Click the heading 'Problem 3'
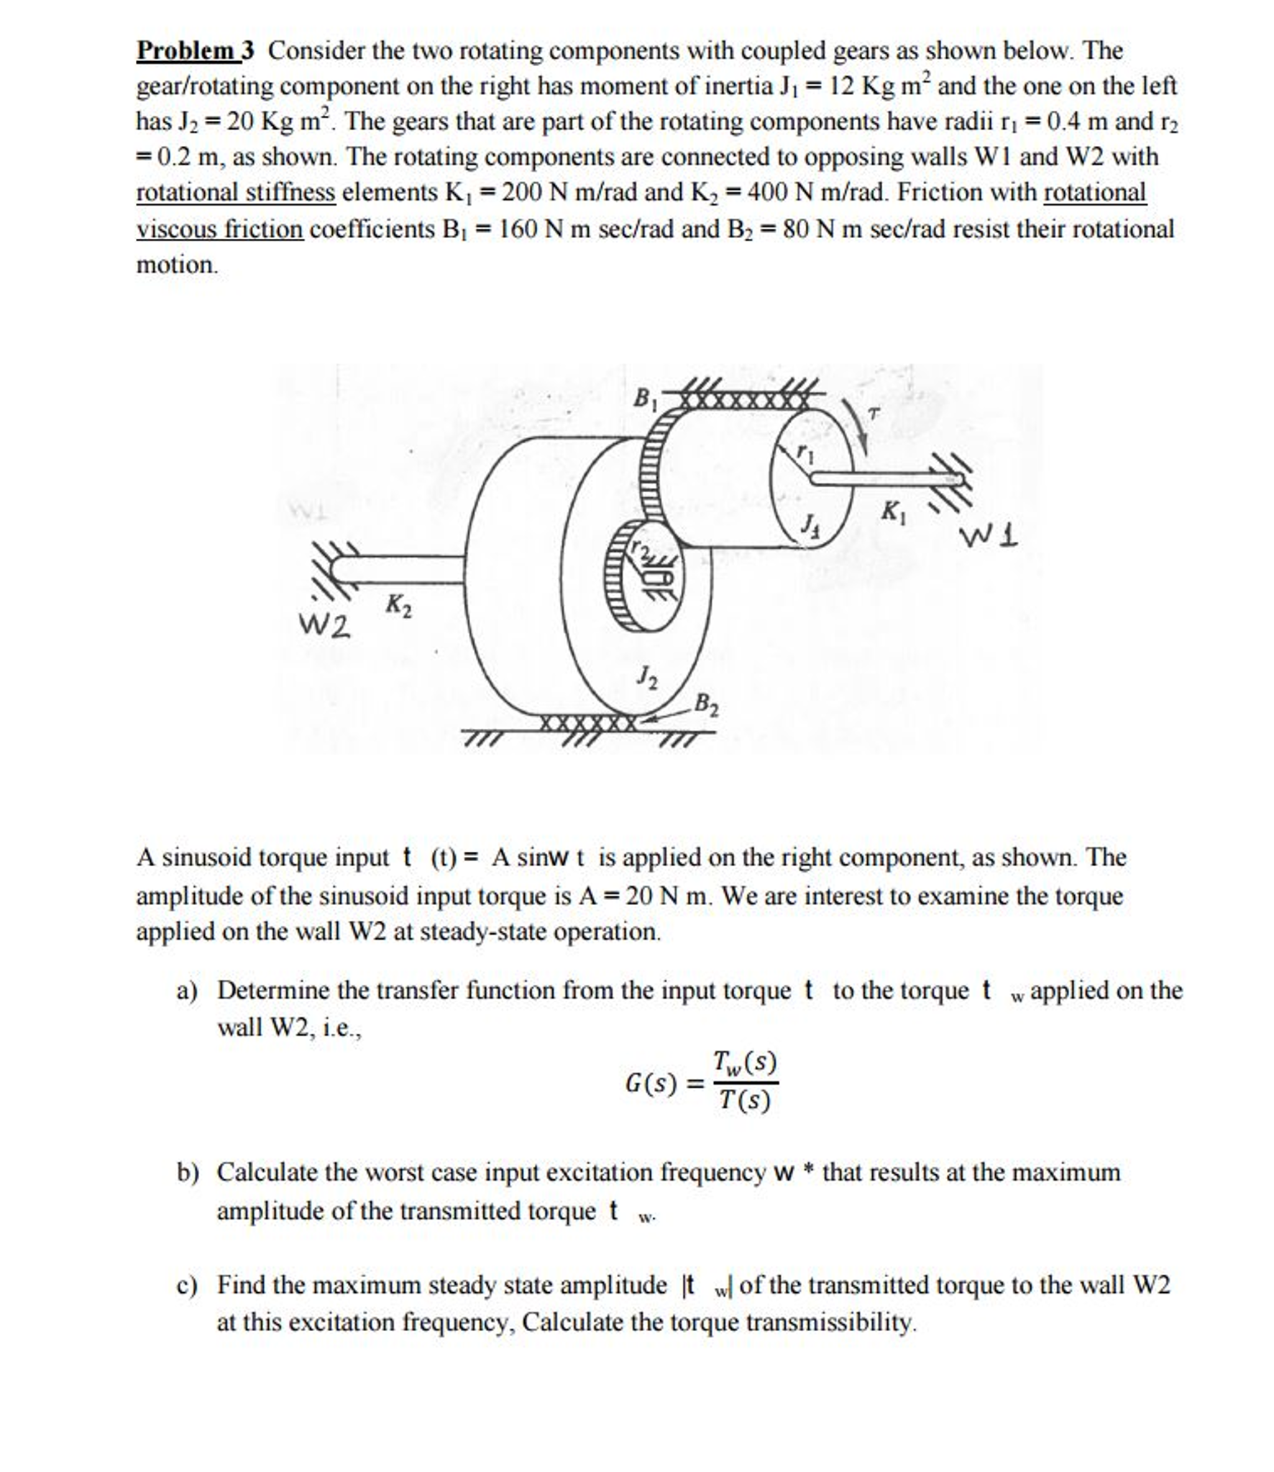click(196, 50)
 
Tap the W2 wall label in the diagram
click(325, 626)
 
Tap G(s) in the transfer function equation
click(650, 1083)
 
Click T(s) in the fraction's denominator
click(745, 1101)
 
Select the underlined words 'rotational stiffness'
click(236, 193)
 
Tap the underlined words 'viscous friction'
click(220, 230)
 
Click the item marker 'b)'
click(188, 1173)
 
